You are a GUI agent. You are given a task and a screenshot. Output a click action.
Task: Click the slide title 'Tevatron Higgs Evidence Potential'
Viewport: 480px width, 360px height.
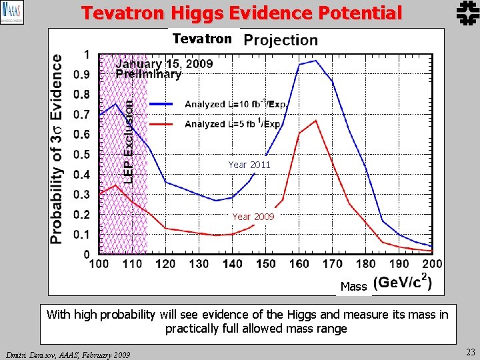click(x=241, y=13)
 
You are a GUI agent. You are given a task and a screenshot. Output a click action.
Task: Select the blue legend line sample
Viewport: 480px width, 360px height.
click(x=161, y=104)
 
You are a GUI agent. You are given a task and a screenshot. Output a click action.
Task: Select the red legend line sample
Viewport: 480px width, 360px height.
click(x=161, y=124)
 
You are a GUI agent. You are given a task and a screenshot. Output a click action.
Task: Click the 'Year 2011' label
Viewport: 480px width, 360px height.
click(x=249, y=165)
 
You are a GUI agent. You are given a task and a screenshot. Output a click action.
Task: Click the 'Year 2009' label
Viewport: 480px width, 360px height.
click(x=253, y=217)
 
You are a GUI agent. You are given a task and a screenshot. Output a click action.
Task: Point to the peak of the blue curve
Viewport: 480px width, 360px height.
click(x=315, y=61)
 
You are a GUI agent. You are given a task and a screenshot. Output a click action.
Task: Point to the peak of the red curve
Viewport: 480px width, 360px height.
click(x=315, y=121)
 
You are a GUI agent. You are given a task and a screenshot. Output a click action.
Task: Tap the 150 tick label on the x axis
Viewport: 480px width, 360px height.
click(x=265, y=265)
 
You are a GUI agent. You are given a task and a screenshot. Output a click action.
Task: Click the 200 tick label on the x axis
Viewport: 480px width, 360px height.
click(x=431, y=265)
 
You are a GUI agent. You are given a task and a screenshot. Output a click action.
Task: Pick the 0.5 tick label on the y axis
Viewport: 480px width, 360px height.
click(x=81, y=155)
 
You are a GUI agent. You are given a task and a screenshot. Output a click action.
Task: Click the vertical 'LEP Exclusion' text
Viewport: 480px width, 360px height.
click(x=129, y=141)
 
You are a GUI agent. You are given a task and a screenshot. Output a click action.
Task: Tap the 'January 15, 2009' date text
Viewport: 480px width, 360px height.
click(x=165, y=65)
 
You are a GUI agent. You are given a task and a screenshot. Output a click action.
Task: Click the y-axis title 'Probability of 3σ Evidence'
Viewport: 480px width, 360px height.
click(x=58, y=148)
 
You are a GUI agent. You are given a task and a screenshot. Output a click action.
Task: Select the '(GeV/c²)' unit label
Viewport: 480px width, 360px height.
click(x=402, y=283)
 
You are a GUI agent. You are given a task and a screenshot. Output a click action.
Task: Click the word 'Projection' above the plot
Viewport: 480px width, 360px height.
click(x=281, y=40)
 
